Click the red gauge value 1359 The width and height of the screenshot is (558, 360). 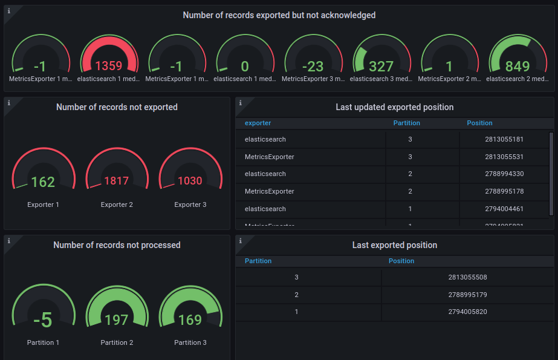pos(108,66)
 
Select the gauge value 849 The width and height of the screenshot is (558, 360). pos(517,66)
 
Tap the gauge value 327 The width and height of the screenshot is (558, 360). pos(381,66)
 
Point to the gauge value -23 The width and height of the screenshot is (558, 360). pos(313,66)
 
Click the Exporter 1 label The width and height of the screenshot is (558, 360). pos(44,205)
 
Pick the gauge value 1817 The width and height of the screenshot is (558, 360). pos(117,181)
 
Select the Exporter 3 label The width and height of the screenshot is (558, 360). pos(190,205)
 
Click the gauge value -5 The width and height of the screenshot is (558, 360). pos(44,319)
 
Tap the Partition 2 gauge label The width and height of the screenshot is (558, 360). pos(117,342)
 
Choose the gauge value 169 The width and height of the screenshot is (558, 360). pos(190,319)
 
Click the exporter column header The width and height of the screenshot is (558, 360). pos(258,123)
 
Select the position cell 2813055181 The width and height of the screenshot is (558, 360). pos(504,140)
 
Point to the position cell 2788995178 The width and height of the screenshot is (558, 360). pos(504,192)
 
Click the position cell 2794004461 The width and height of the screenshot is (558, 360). pos(504,209)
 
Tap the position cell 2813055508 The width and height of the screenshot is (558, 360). pos(468,278)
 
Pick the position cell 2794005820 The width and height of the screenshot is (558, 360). pos(468,312)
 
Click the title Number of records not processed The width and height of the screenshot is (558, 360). pos(117,245)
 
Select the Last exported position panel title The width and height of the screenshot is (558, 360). pos(394,245)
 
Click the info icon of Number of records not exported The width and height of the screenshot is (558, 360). pos(8,103)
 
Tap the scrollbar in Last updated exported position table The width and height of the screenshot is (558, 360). pos(551,174)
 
